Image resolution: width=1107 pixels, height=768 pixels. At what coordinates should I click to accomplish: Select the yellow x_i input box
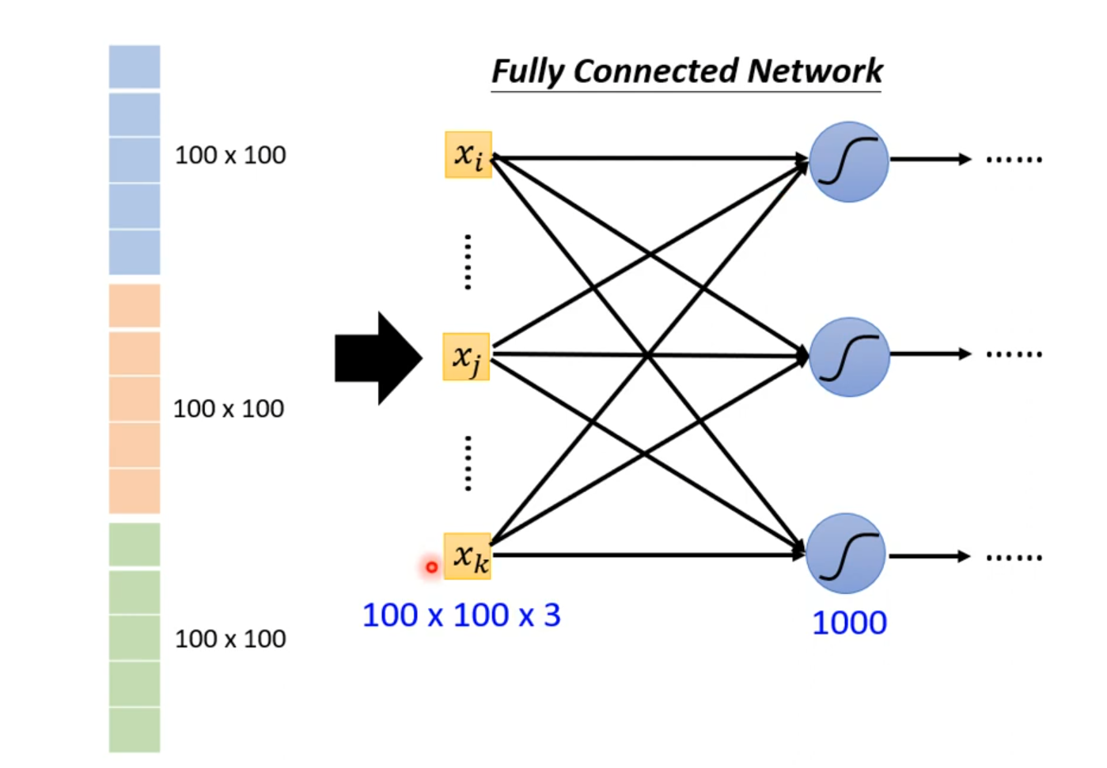[x=468, y=155]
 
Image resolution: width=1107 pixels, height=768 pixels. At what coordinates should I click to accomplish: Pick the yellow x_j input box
[x=467, y=357]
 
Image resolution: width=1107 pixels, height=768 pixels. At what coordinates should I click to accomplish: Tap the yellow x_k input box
[x=468, y=557]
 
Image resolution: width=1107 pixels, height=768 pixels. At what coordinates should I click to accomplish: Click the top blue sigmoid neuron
[x=849, y=161]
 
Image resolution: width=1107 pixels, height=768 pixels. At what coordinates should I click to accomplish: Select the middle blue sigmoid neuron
[x=849, y=357]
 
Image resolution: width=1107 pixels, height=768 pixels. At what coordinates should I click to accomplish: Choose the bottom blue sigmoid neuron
[x=846, y=554]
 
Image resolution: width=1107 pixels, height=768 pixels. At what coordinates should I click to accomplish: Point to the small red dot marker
[x=431, y=567]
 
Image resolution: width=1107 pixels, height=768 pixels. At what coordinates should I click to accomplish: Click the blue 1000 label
[x=849, y=623]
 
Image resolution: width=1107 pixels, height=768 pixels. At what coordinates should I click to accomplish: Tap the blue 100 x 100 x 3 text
[x=461, y=615]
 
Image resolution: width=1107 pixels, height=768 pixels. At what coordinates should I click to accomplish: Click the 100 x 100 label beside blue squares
[x=230, y=155]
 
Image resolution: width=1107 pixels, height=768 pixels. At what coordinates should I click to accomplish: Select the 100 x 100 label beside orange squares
[x=229, y=409]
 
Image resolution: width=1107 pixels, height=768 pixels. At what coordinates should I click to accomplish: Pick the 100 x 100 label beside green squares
[x=230, y=639]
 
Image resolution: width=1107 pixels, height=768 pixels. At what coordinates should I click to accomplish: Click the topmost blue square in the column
[x=135, y=67]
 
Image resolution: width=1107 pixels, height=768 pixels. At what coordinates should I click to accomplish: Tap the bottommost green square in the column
[x=135, y=729]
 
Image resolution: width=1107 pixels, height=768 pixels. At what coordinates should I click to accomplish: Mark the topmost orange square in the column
[x=135, y=306]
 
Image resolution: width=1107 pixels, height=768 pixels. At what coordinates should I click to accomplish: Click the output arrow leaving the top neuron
[x=930, y=160]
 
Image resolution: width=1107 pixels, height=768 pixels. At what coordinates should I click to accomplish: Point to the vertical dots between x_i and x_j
[x=468, y=262]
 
